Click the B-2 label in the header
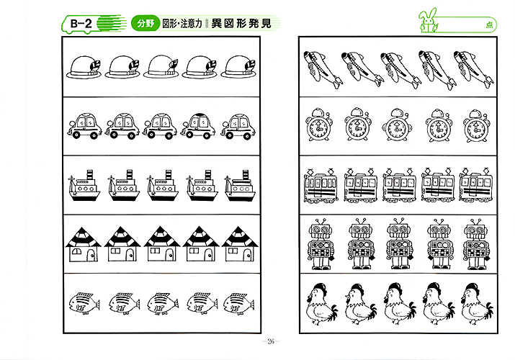click(81, 24)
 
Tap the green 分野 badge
click(145, 23)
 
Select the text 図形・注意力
click(182, 24)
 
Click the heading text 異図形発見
click(241, 23)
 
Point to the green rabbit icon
click(428, 21)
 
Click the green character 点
click(489, 25)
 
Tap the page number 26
click(271, 341)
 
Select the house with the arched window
click(84, 244)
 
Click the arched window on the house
click(76, 251)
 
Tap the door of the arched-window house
click(91, 255)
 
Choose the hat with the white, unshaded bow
click(161, 67)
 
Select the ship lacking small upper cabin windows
click(240, 186)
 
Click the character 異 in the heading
click(217, 24)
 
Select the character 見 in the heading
click(267, 24)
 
